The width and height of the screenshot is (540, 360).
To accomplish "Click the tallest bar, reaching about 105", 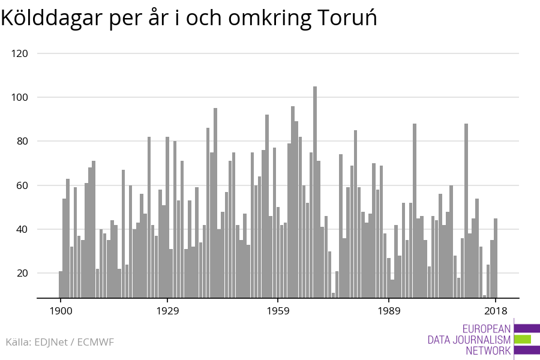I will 315,192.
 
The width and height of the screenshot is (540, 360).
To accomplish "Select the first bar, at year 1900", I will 61,284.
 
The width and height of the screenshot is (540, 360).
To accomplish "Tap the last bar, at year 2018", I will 496,258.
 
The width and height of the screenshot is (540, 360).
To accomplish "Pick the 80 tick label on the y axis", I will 22,142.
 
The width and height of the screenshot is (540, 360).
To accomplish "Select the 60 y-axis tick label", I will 22,185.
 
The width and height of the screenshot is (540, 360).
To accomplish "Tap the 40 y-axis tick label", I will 22,229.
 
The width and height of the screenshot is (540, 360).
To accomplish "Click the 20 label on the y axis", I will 22,273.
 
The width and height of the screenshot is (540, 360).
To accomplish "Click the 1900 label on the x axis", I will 60,311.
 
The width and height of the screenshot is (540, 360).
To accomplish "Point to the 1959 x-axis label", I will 278,311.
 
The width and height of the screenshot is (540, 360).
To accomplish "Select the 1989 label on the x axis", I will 389,311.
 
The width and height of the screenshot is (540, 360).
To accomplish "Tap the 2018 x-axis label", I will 496,311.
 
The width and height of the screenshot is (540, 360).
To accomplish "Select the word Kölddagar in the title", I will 51,19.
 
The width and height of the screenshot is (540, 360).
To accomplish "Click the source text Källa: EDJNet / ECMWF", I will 59,342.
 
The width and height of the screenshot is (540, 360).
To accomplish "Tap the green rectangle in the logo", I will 523,339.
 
